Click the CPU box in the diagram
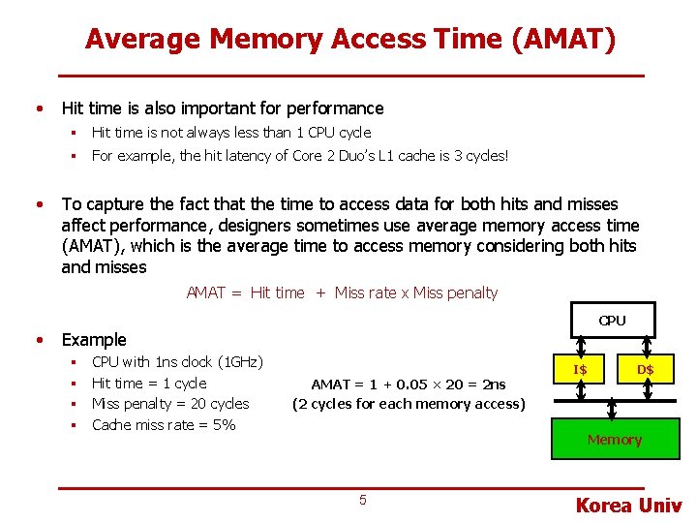[x=612, y=321]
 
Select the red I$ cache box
[x=580, y=369]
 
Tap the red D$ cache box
[x=645, y=369]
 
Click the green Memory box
[x=614, y=440]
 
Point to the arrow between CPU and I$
[x=580, y=347]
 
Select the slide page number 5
[x=363, y=500]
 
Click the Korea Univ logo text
[x=628, y=505]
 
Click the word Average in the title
[x=143, y=40]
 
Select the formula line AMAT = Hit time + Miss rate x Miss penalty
[x=342, y=292]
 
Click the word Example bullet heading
[x=94, y=340]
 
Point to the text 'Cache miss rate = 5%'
[x=164, y=424]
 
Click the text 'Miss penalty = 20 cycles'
[x=170, y=404]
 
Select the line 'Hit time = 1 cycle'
[x=149, y=384]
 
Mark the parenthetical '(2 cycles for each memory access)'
[x=409, y=404]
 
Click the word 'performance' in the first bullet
[x=333, y=108]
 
